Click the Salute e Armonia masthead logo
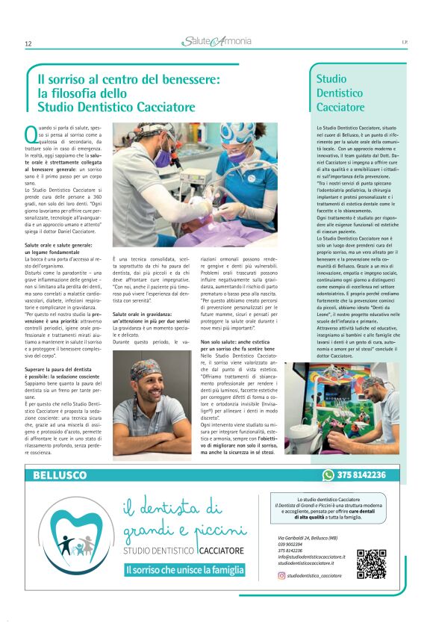point(216,41)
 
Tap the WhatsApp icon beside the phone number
point(328,475)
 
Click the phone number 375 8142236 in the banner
point(361,475)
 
